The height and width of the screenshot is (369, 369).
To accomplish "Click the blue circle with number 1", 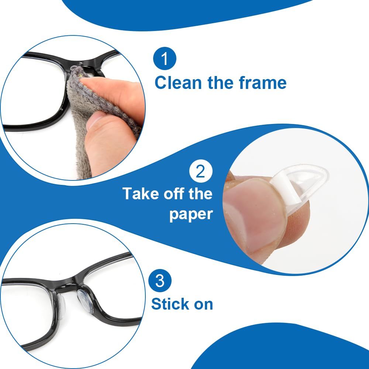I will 165,59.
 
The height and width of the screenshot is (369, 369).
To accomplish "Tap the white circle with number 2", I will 201,172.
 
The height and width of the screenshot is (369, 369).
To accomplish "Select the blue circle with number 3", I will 160,281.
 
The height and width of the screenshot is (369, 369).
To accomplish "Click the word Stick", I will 172,304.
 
